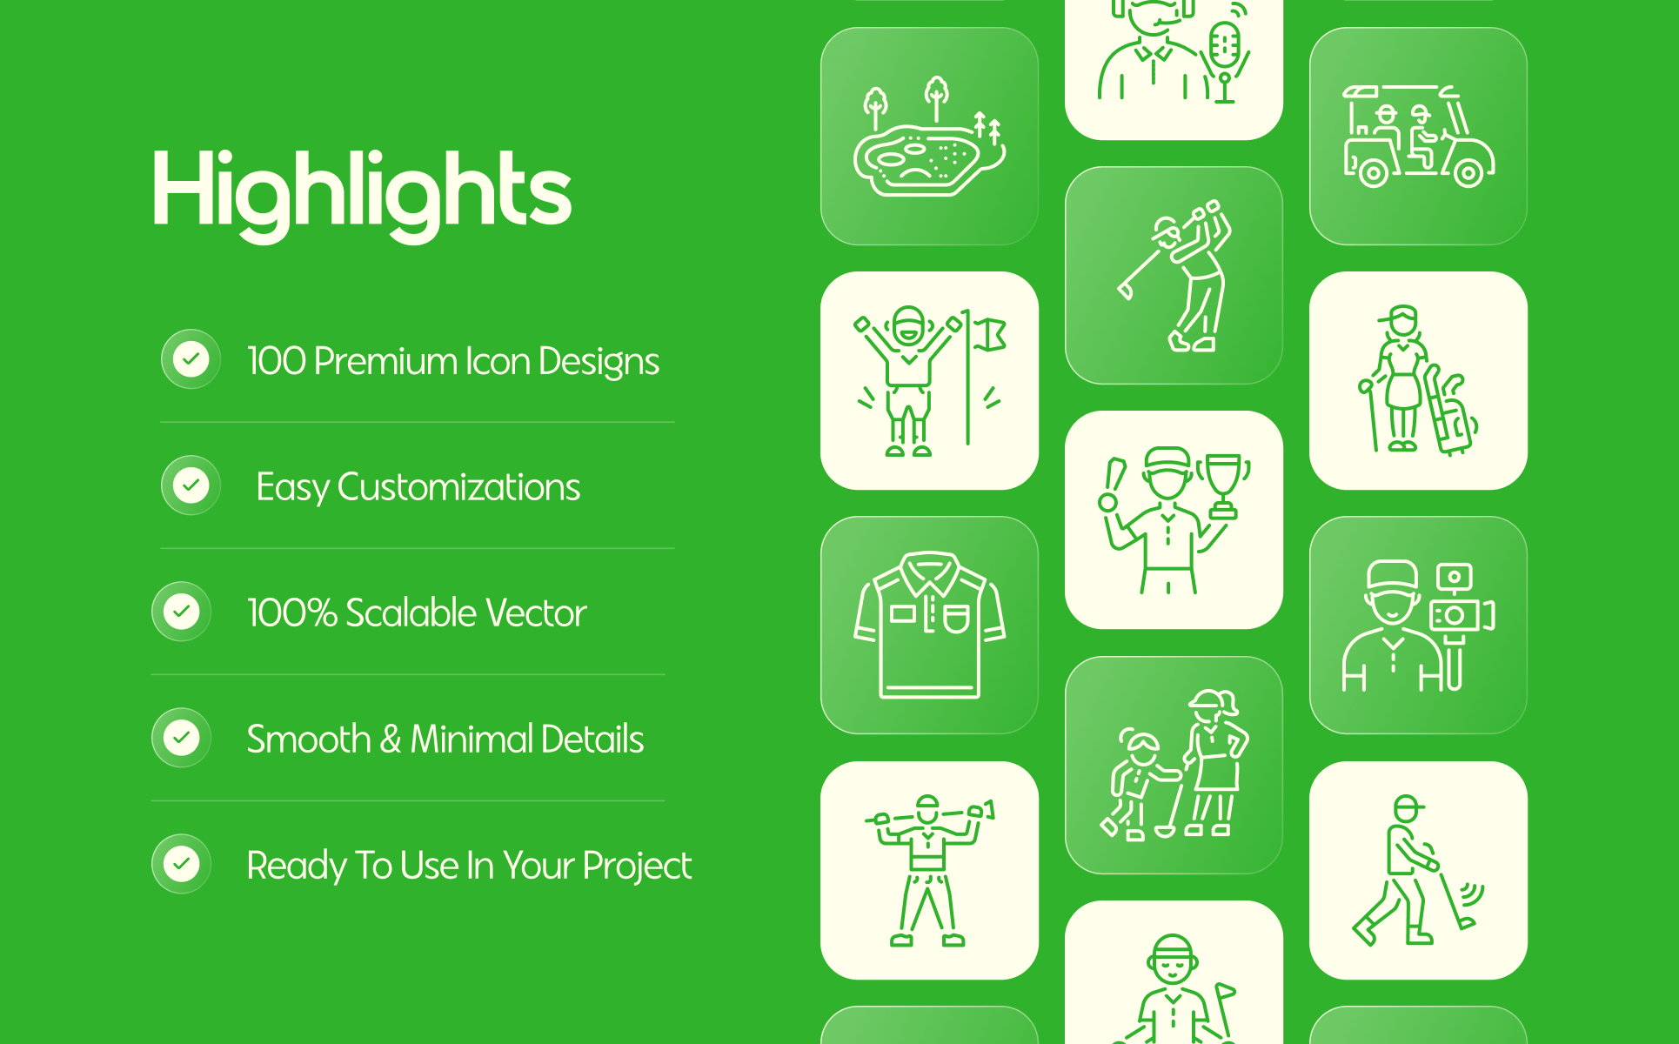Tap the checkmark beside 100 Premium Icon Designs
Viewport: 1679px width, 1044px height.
[191, 358]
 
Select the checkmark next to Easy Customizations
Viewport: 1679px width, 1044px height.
[191, 485]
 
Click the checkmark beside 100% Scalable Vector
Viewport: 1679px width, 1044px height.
[181, 611]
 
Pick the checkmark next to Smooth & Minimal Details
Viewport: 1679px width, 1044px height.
[181, 737]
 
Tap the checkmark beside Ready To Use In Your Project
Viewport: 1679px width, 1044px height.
[181, 863]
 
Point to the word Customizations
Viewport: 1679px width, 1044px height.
[458, 487]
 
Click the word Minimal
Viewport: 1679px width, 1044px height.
[472, 739]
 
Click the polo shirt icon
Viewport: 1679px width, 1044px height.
[929, 625]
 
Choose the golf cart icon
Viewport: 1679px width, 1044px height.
[1418, 136]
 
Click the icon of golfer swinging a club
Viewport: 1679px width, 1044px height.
[1174, 275]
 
